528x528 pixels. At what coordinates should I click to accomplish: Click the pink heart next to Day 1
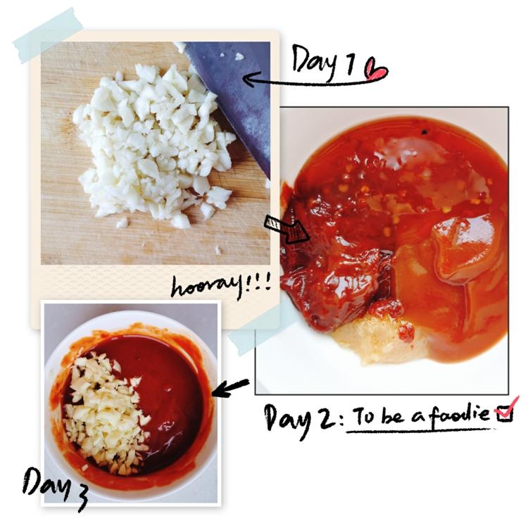(377, 70)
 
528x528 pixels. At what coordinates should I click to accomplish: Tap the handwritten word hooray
(206, 287)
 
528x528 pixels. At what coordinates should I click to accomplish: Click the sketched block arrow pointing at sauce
(287, 230)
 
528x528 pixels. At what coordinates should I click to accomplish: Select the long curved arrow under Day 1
(313, 82)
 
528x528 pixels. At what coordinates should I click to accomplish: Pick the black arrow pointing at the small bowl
(231, 388)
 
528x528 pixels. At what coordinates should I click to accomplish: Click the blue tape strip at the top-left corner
(48, 35)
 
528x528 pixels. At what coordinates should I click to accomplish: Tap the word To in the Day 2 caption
(364, 415)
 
